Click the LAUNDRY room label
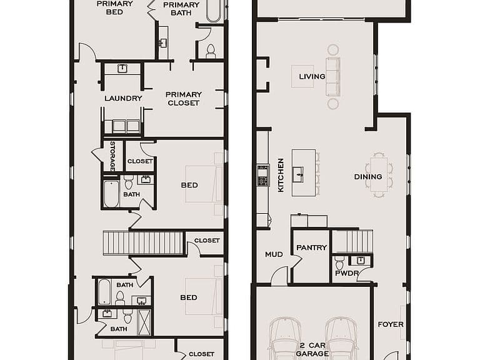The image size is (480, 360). tap(123, 98)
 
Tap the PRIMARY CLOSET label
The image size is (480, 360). tap(184, 99)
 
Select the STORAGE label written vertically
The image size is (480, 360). tap(112, 156)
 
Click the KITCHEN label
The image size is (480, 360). tap(281, 175)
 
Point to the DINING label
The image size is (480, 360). tap(368, 177)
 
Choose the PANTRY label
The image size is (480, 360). tap(312, 247)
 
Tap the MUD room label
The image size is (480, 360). tap(274, 254)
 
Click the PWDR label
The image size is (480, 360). tap(346, 273)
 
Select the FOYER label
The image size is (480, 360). tap(391, 324)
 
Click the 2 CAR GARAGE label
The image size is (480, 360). tap(312, 349)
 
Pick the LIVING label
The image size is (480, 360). tap(312, 76)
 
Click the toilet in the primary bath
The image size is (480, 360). tap(211, 51)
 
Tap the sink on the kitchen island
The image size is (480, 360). tap(297, 174)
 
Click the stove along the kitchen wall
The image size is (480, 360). tap(263, 176)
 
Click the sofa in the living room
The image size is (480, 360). tap(333, 76)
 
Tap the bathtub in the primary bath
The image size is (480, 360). tap(213, 11)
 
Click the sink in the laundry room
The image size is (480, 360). tap(122, 69)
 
